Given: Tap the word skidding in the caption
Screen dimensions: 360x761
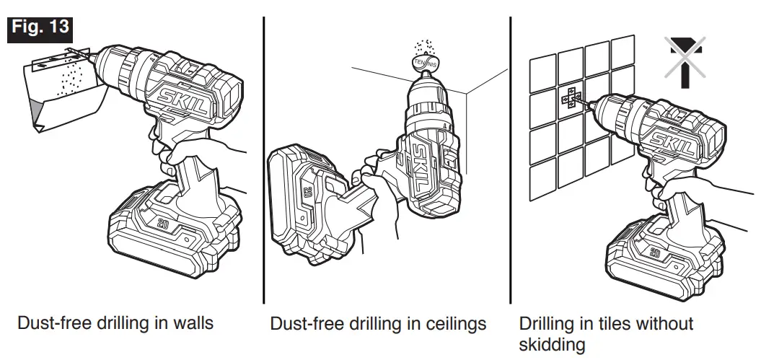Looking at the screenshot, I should click(x=552, y=345).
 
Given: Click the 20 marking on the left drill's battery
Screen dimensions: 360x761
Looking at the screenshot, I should click(x=165, y=224).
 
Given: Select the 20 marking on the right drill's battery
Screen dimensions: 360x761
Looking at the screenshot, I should click(x=655, y=253).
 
